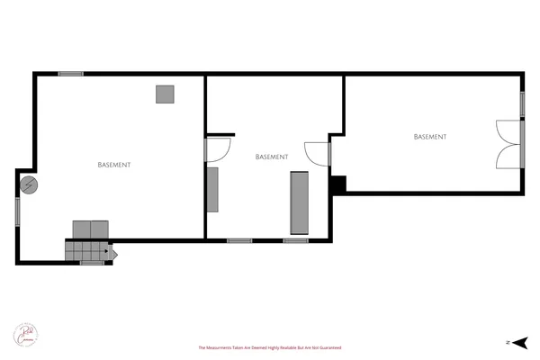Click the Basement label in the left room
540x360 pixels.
(x=114, y=165)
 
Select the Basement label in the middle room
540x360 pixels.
(x=272, y=156)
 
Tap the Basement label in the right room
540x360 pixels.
(x=430, y=137)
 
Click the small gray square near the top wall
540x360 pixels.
(x=165, y=94)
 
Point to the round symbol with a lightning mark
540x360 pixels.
(x=29, y=184)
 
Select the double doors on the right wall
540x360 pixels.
(x=510, y=144)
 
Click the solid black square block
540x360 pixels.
(x=337, y=184)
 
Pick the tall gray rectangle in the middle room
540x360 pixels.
(x=299, y=203)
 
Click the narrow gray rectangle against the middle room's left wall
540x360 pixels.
(x=212, y=190)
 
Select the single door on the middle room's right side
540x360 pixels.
(x=318, y=154)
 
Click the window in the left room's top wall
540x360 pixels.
(x=71, y=74)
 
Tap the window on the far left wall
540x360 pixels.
(x=17, y=211)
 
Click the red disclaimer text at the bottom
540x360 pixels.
(x=270, y=347)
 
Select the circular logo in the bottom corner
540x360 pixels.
(x=24, y=334)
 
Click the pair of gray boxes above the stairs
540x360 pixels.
(x=90, y=229)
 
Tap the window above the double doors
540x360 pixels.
(x=522, y=103)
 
